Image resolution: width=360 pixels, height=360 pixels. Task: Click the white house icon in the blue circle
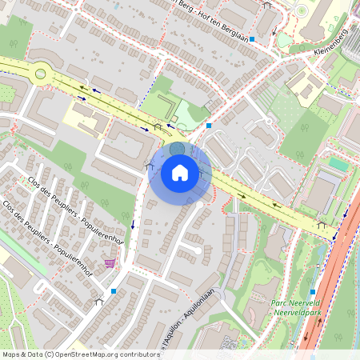pos(180,173)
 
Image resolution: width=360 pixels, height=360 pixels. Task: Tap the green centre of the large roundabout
pos(40,74)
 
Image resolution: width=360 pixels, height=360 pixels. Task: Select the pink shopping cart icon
pos(110,262)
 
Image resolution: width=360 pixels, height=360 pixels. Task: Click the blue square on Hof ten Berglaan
pos(252,38)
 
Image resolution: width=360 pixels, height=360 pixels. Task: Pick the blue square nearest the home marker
pos(209,126)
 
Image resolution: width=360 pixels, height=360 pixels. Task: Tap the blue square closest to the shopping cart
pos(114,291)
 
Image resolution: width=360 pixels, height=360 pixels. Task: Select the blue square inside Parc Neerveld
pos(312,291)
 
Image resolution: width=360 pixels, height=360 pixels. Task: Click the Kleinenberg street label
pos(330,40)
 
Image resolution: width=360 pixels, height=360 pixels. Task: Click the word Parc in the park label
pos(279,302)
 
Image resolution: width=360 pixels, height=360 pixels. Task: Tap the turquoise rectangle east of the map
pos(338,164)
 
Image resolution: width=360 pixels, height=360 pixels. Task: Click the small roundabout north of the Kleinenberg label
pos(302,11)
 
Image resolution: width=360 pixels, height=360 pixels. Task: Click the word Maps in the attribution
pos(12,354)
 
